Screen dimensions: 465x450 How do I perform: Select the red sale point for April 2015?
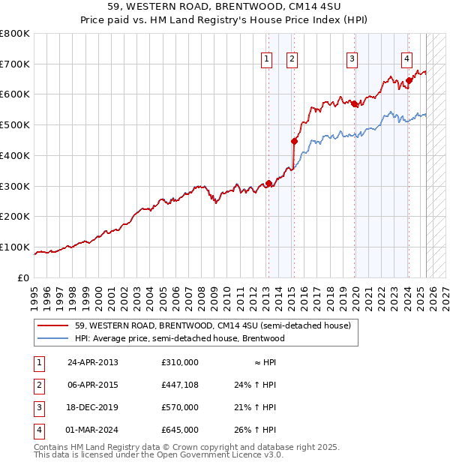click(294, 140)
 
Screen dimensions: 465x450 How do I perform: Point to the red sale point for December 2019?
click(354, 103)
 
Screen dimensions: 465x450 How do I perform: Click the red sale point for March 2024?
click(409, 80)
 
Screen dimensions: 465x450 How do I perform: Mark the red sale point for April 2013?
click(268, 183)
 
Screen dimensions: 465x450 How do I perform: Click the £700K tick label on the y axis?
click(15, 64)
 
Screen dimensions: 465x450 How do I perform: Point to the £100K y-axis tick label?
click(15, 247)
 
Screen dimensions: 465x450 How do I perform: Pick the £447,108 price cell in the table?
click(180, 385)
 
